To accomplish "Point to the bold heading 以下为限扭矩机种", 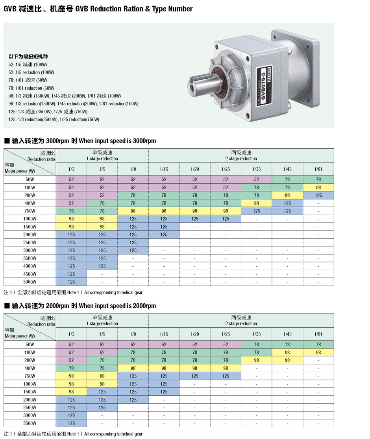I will click(x=28, y=57).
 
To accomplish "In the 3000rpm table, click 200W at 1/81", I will click(x=318, y=195).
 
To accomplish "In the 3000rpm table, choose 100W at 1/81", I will click(x=318, y=187).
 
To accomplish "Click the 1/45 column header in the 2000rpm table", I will click(x=287, y=334).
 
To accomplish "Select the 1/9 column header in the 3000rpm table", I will click(x=133, y=169).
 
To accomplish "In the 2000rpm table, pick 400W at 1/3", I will click(x=71, y=368).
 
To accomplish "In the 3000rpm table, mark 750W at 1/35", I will click(x=257, y=211).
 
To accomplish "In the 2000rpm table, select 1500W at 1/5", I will click(x=102, y=391).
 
